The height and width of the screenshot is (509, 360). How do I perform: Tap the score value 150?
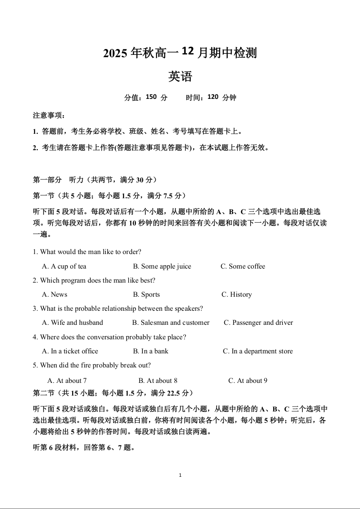pyautogui.click(x=151, y=97)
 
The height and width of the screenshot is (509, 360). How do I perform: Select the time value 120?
pyautogui.click(x=213, y=97)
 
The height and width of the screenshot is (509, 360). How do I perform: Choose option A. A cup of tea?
pyautogui.click(x=64, y=266)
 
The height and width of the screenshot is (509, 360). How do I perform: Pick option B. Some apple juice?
pyautogui.click(x=162, y=266)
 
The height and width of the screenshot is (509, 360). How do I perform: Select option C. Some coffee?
pyautogui.click(x=243, y=266)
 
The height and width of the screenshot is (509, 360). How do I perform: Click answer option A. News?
pyautogui.click(x=54, y=294)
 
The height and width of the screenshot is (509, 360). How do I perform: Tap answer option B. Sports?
pyautogui.click(x=146, y=294)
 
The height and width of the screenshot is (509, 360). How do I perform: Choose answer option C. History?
pyautogui.click(x=237, y=294)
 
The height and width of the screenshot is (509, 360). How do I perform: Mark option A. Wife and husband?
pyautogui.click(x=73, y=323)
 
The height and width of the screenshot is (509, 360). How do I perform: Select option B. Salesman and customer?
pyautogui.click(x=171, y=323)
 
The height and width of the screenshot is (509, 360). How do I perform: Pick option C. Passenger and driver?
pyautogui.click(x=258, y=323)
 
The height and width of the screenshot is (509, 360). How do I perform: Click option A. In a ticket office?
pyautogui.click(x=70, y=351)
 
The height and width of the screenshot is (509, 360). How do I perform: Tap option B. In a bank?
pyautogui.click(x=151, y=351)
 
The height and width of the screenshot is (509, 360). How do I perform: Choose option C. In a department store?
pyautogui.click(x=258, y=351)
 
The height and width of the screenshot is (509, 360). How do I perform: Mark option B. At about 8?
pyautogui.click(x=158, y=381)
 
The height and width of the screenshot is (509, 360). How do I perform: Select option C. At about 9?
pyautogui.click(x=248, y=381)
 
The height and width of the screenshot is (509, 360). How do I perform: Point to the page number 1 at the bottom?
pyautogui.click(x=180, y=475)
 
